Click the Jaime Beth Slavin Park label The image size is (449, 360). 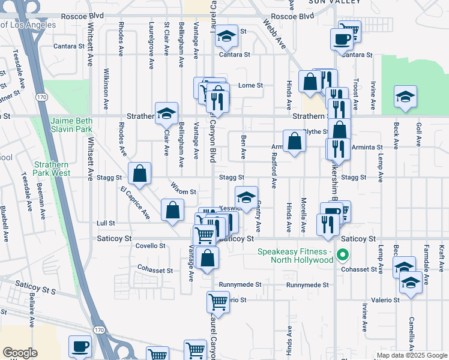(71, 125)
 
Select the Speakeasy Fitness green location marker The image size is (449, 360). (343, 256)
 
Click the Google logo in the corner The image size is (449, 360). (19, 353)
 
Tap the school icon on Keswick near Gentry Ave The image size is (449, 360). (246, 196)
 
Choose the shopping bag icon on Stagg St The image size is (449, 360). (139, 174)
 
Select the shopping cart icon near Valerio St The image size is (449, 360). (218, 301)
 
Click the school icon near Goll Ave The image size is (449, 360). (406, 96)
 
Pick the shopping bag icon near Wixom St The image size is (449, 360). (172, 210)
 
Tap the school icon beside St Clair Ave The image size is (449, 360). (166, 112)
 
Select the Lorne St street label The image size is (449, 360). (251, 85)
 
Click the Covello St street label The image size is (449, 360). (151, 245)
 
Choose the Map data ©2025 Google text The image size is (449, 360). (412, 355)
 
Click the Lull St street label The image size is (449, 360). (106, 223)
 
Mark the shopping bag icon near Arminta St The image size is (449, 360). (295, 142)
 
